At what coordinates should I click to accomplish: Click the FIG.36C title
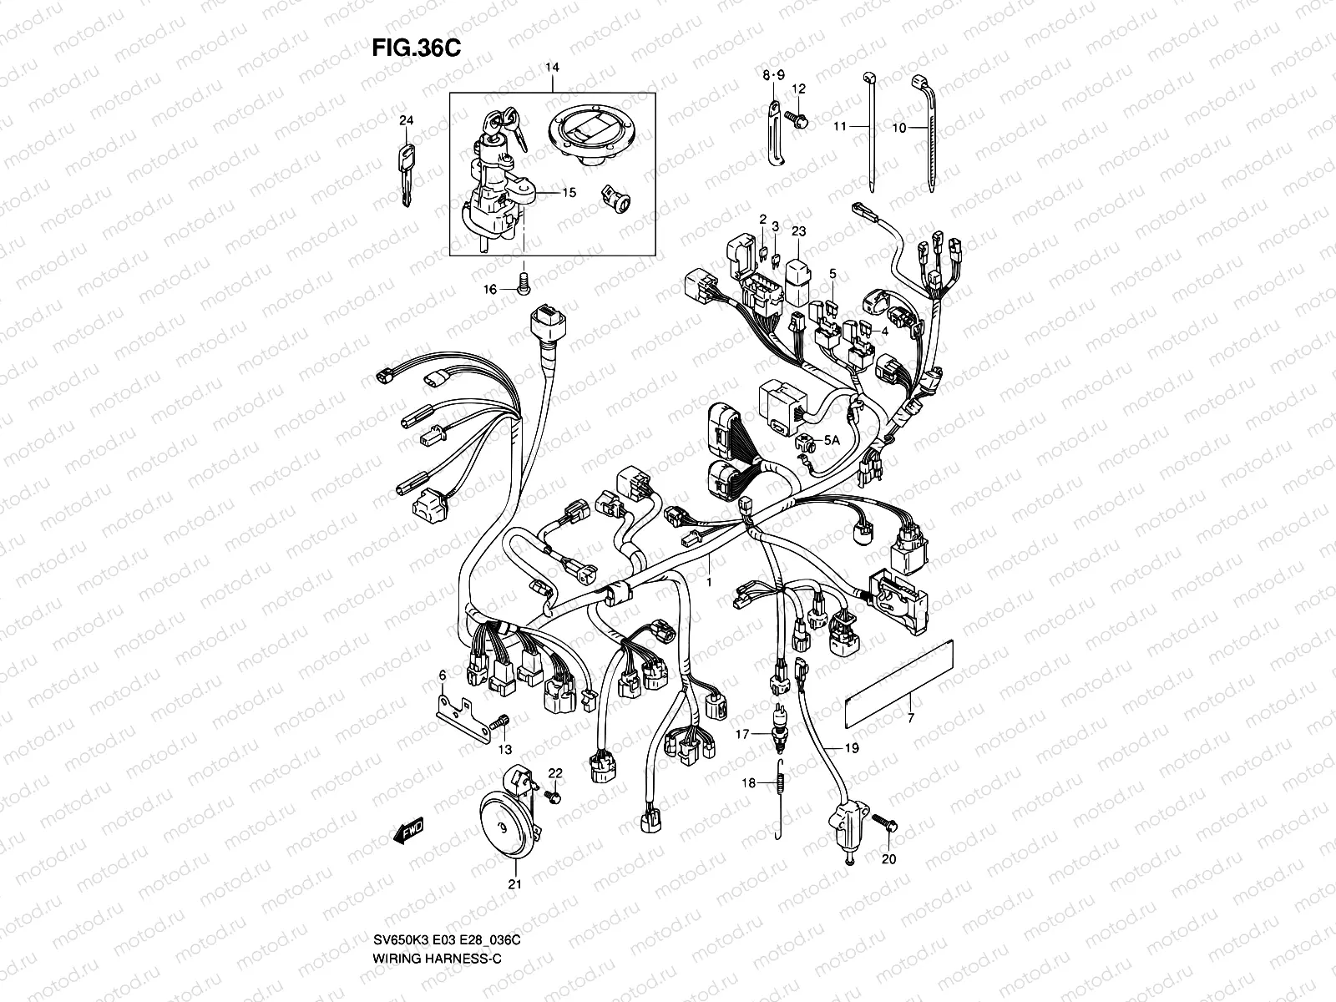tap(416, 48)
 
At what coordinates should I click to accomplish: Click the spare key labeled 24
tap(406, 174)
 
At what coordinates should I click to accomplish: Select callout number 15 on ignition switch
tap(568, 193)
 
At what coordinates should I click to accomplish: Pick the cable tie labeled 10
tap(927, 138)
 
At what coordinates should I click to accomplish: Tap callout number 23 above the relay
tap(798, 231)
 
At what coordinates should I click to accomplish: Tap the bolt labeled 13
tap(501, 721)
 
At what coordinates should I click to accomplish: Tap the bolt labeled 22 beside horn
tap(553, 797)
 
